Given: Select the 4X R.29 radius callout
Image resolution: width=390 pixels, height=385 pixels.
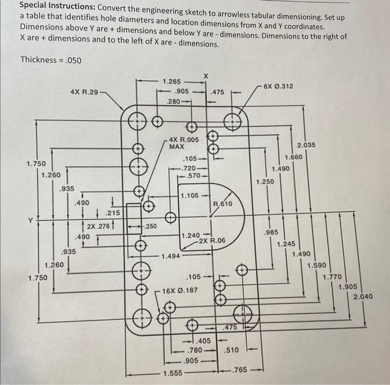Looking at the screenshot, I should click(x=84, y=90).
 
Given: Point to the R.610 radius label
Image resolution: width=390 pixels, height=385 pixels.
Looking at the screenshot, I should click(x=223, y=204).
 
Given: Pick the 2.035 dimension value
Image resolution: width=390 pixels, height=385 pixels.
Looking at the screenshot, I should click(x=306, y=145).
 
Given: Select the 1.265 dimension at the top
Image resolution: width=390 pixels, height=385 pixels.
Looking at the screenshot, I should click(x=172, y=81).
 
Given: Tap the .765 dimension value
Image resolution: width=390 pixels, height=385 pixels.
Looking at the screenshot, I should click(x=240, y=369).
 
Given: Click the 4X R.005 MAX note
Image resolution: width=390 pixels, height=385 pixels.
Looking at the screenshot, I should click(x=183, y=143).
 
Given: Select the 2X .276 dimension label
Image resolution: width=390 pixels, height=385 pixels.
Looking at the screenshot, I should click(x=97, y=227).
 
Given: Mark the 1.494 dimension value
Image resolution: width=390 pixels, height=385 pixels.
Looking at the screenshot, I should click(x=170, y=256).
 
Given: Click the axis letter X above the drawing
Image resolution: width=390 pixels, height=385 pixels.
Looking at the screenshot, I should click(x=206, y=75).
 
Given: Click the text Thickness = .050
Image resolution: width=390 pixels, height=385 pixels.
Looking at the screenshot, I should click(x=52, y=60).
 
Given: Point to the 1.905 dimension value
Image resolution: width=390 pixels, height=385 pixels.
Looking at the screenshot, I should click(x=347, y=286).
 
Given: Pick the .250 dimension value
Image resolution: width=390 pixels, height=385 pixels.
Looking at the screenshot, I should click(x=150, y=227).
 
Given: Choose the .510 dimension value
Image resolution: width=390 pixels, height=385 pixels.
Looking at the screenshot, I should click(x=231, y=350).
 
